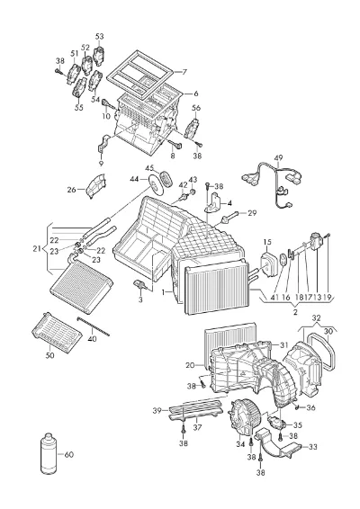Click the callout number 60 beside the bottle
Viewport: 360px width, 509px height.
69,454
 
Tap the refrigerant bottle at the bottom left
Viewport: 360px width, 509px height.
48,455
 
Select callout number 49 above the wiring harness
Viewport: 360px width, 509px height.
278,158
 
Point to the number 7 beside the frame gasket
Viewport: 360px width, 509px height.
184,72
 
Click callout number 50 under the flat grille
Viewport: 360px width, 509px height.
49,355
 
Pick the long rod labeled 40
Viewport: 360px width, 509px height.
94,326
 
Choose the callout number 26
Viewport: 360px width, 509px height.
71,190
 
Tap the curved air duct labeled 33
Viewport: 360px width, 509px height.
275,443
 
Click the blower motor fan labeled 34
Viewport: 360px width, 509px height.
244,416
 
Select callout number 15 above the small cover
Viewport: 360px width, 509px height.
267,242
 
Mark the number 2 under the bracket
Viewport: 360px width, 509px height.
295,312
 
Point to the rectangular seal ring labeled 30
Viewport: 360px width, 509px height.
321,353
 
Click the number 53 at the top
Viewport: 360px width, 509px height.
99,36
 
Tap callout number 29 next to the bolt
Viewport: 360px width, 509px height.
252,213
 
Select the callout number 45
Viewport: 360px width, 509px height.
149,168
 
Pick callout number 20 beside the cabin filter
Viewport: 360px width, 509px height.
190,365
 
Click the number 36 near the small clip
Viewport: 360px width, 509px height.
310,407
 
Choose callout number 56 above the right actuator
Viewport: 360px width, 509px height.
196,108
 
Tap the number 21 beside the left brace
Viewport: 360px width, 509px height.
37,249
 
